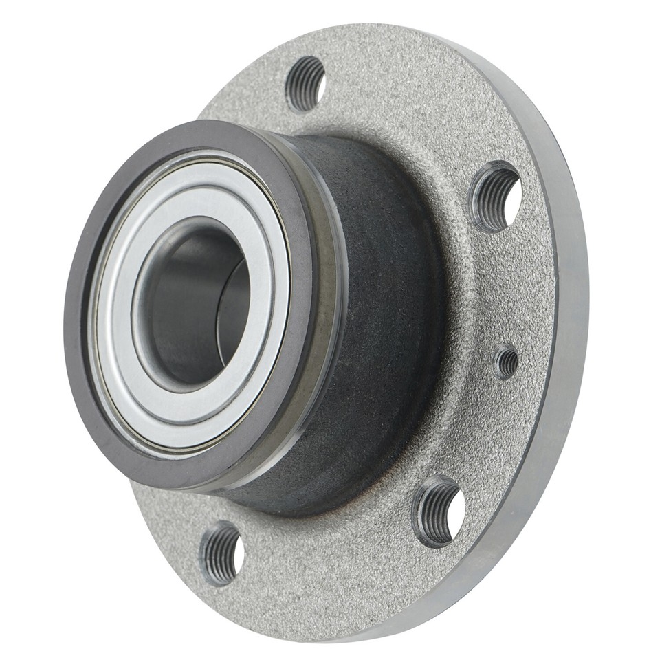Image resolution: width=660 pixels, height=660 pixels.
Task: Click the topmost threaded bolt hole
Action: click(305, 84)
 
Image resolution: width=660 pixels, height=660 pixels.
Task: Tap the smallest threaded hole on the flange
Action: click(507, 362)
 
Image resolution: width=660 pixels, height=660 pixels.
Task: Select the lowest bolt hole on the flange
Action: click(221, 553)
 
